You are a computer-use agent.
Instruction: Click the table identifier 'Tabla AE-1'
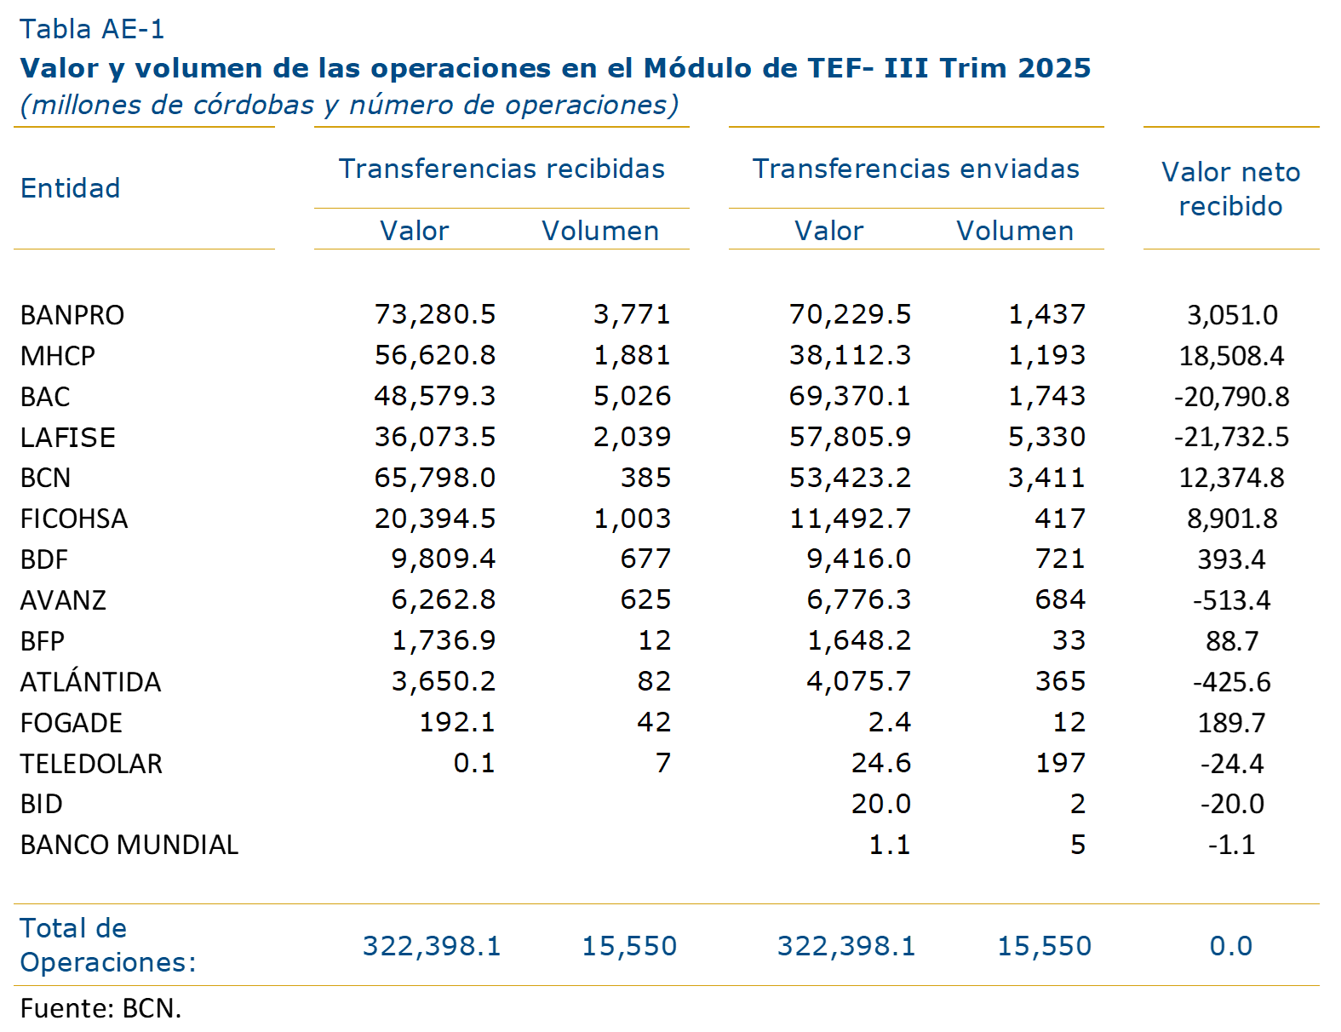tap(92, 30)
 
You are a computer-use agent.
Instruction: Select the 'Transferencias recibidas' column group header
tap(501, 169)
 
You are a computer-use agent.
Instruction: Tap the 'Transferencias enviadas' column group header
tap(915, 169)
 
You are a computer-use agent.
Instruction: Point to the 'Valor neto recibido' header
tap(1230, 189)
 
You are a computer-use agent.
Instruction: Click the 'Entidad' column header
tap(70, 188)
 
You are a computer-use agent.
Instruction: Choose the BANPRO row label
tap(72, 315)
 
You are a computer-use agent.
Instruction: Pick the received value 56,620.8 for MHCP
tap(435, 355)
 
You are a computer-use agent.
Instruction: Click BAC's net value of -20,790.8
tap(1231, 397)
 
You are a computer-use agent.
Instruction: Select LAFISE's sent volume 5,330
tap(1046, 437)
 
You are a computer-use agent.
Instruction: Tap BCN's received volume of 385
tap(645, 478)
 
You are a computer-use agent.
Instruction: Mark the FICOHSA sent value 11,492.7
tap(850, 519)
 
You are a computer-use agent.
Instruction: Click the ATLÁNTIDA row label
tap(90, 682)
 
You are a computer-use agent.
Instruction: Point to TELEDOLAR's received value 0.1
tap(474, 763)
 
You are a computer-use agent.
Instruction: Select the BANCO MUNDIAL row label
tap(129, 845)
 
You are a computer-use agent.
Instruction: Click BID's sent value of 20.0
tap(881, 804)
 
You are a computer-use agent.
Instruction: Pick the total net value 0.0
tap(1230, 946)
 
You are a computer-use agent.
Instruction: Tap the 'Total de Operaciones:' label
tap(107, 945)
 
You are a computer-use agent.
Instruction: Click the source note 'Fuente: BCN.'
tap(100, 1008)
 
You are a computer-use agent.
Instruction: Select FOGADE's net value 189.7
tap(1231, 723)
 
